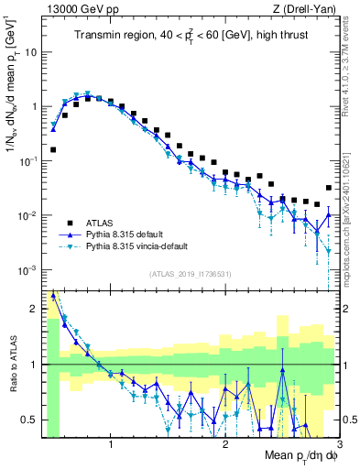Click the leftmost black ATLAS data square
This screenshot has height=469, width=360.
pyautogui.click(x=53, y=149)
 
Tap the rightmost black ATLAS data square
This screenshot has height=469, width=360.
pyautogui.click(x=329, y=189)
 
